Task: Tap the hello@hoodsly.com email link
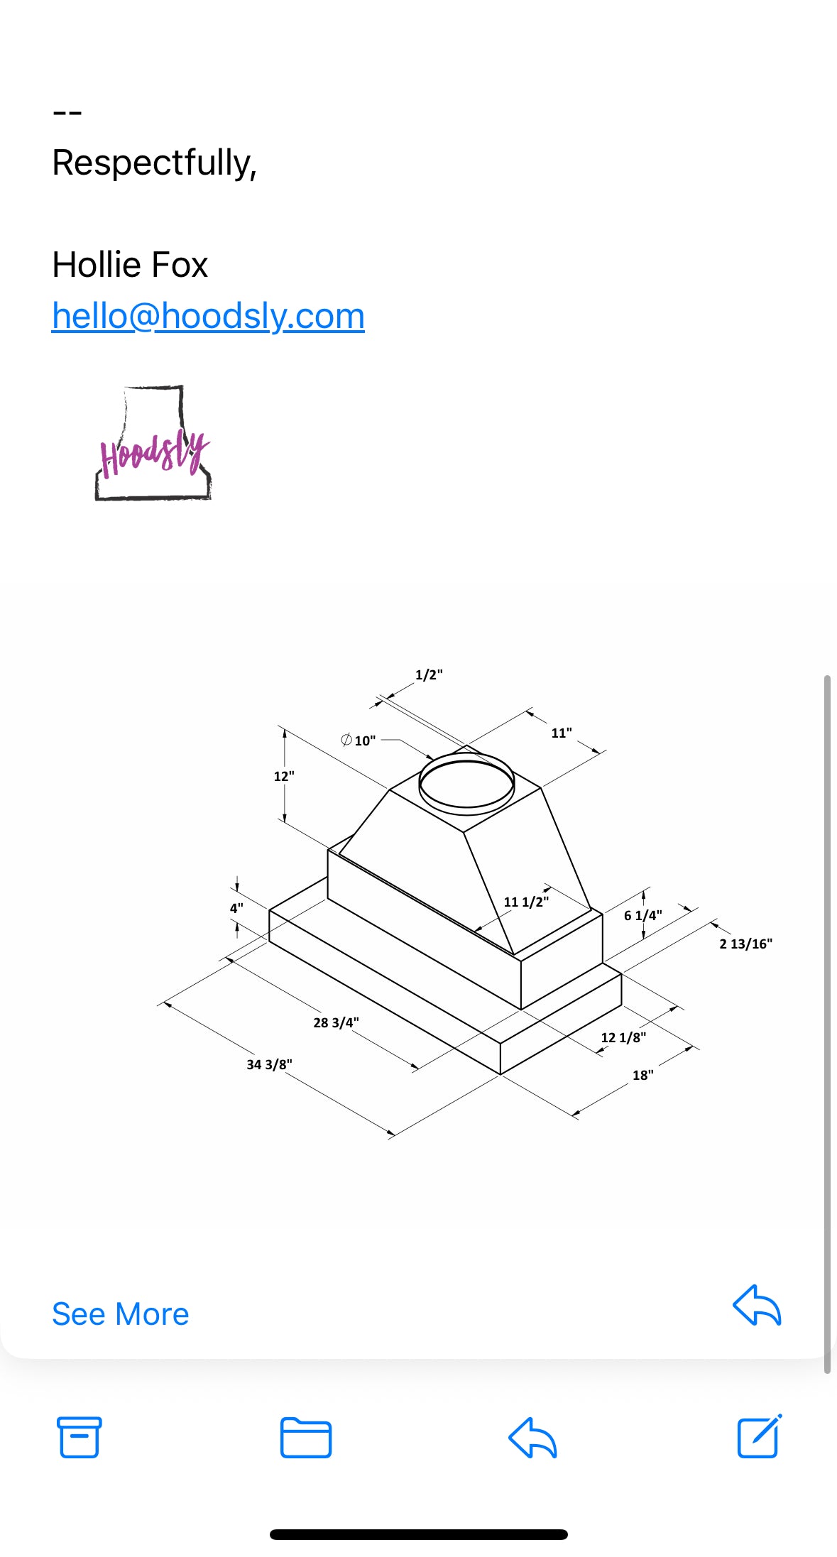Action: coord(208,316)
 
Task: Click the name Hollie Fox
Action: coord(130,265)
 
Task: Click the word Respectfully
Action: coord(153,163)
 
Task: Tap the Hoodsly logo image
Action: coord(153,444)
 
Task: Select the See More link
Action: coord(120,1314)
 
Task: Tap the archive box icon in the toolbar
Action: coord(79,1437)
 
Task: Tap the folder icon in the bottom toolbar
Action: coord(305,1437)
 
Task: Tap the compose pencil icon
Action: coord(758,1436)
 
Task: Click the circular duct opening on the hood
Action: coord(466,784)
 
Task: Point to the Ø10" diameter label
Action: coord(359,741)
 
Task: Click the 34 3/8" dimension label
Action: coord(269,1064)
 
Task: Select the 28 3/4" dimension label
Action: coord(336,1022)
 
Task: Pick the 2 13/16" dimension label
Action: coord(745,944)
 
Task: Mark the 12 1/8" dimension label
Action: coord(623,1037)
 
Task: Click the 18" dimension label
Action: coord(642,1075)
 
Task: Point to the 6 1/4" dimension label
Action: coord(642,915)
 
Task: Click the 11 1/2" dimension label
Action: coord(526,902)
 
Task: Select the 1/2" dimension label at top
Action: coord(429,674)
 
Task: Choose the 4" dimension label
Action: coord(236,908)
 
